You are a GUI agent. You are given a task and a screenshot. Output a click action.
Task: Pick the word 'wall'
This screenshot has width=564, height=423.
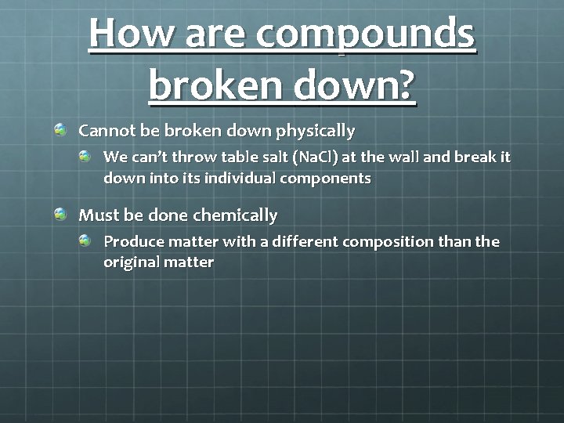[x=404, y=157]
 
